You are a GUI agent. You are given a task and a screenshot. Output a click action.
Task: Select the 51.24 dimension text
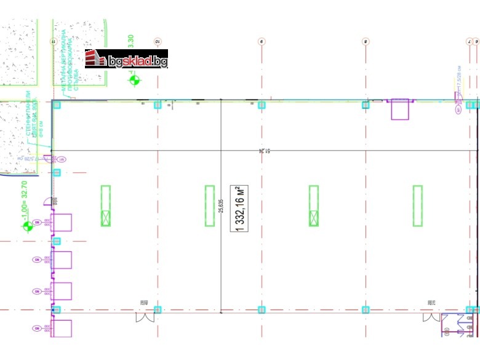pos(262,150)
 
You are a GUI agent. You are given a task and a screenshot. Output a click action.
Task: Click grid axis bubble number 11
pos(52,41)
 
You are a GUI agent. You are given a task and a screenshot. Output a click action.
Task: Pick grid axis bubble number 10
pos(158,41)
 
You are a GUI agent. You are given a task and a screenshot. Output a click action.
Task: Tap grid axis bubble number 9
pos(262,41)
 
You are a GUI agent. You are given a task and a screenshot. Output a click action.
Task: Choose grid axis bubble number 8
pos(366,41)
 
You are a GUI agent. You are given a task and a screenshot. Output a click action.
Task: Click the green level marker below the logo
pos(135,79)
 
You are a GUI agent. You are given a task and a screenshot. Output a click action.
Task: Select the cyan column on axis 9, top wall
pos(262,105)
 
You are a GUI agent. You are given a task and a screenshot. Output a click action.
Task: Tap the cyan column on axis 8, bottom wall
pos(366,310)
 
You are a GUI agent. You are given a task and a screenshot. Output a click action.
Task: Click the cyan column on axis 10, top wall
pos(158,105)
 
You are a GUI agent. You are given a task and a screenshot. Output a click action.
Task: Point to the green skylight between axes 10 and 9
pos(210,206)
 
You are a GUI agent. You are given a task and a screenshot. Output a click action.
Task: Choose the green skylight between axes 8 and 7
pos(418,206)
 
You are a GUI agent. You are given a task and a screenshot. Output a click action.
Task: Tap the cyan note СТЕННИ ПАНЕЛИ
pos(31,120)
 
